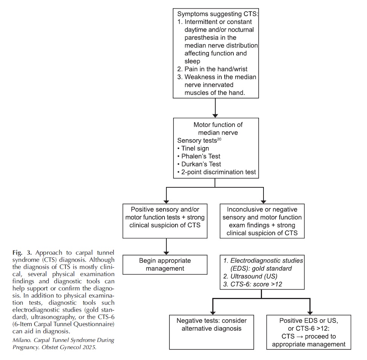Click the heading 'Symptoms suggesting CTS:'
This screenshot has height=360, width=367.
pyautogui.click(x=218, y=14)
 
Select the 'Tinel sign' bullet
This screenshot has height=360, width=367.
pyautogui.click(x=193, y=148)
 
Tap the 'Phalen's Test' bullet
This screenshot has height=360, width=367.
pyautogui.click(x=199, y=156)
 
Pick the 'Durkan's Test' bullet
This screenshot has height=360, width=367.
pyautogui.click(x=199, y=164)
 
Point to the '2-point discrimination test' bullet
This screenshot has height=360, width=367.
pyautogui.click(x=216, y=172)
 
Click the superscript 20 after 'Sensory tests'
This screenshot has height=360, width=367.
pyautogui.click(x=219, y=139)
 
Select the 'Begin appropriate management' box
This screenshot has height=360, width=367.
pyautogui.click(x=165, y=264)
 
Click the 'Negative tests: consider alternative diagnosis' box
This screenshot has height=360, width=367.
pyautogui.click(x=212, y=332)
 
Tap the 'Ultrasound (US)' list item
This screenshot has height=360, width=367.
pyautogui.click(x=250, y=276)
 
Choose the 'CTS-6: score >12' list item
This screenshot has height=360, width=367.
pyautogui.click(x=253, y=284)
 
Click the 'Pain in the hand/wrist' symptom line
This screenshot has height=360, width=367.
pyautogui.click(x=212, y=69)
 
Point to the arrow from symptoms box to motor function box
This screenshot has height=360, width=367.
pyautogui.click(x=215, y=108)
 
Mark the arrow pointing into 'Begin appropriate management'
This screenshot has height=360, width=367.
pyautogui.click(x=166, y=246)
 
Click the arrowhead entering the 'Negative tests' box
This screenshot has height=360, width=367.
pyautogui.click(x=213, y=313)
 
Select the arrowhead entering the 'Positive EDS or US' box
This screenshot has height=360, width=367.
pyautogui.click(x=310, y=313)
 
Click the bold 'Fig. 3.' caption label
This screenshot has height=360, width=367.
pyautogui.click(x=22, y=253)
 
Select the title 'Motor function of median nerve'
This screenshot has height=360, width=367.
pyautogui.click(x=218, y=129)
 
